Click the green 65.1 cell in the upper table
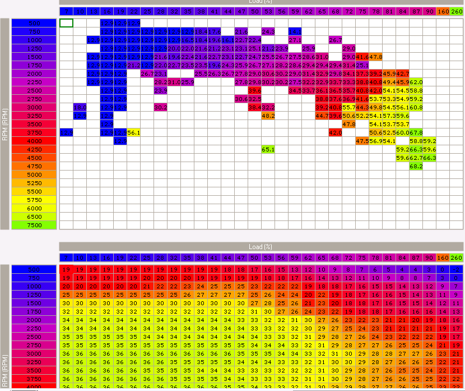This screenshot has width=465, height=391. point(268,149)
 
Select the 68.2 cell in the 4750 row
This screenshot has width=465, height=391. point(416,166)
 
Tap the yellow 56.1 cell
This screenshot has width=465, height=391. point(133,132)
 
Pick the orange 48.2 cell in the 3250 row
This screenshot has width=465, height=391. point(268,116)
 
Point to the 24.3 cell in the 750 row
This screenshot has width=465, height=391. point(268,31)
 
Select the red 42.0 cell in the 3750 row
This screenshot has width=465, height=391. point(335,132)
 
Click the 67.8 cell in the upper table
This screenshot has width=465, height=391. point(416,132)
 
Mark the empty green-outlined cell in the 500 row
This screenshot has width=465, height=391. point(66,23)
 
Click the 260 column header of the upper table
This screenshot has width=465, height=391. point(456,11)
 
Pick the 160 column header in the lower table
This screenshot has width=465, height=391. point(443,257)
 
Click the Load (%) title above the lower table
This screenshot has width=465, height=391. point(261,246)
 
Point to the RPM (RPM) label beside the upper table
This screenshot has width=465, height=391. point(5,123)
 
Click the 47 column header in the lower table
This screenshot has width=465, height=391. point(241,257)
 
